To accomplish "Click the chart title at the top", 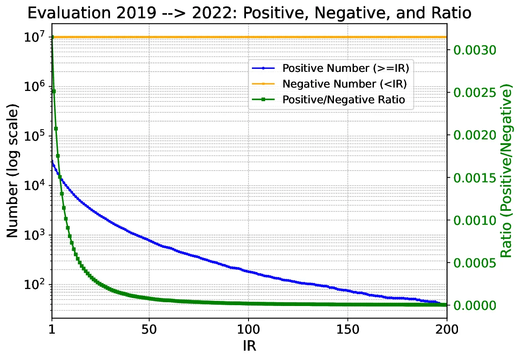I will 249,13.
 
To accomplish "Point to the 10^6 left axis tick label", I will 35,87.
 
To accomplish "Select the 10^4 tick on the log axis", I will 35,186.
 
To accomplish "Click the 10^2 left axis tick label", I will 35,285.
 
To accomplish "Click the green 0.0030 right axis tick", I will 474,50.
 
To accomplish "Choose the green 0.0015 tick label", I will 474,178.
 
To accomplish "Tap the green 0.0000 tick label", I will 474,305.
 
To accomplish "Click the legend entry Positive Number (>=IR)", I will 348,68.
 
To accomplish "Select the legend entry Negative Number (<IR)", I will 345,84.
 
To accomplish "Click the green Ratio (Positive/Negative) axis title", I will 506,174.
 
